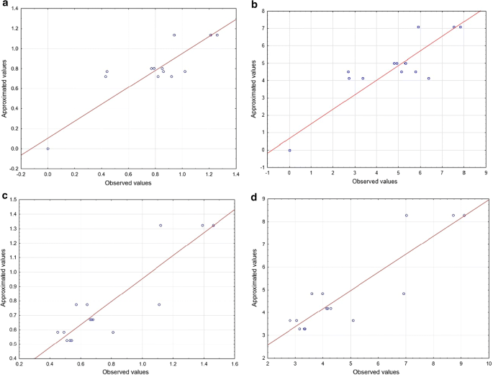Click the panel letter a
5,6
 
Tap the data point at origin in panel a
48,149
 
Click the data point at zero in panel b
289,150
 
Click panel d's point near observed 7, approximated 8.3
406,215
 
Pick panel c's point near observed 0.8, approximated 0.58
113,332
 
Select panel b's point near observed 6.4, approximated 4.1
428,79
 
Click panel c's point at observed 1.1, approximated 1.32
160,225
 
